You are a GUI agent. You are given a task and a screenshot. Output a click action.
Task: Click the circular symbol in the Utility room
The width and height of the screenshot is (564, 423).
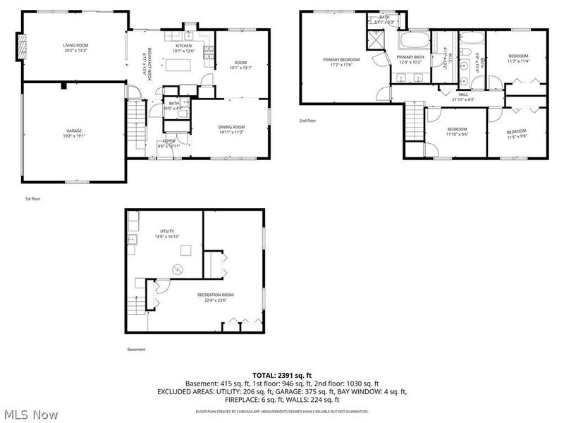[x=178, y=268]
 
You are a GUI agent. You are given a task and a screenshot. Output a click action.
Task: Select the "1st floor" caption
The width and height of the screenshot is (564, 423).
[x=32, y=200]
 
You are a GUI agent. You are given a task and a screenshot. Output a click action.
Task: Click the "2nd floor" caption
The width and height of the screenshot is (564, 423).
[x=307, y=121]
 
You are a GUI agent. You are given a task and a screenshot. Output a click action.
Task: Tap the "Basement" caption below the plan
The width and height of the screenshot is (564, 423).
[x=136, y=350]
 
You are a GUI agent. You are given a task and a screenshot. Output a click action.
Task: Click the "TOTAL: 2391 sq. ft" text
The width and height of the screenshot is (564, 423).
[x=282, y=375]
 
